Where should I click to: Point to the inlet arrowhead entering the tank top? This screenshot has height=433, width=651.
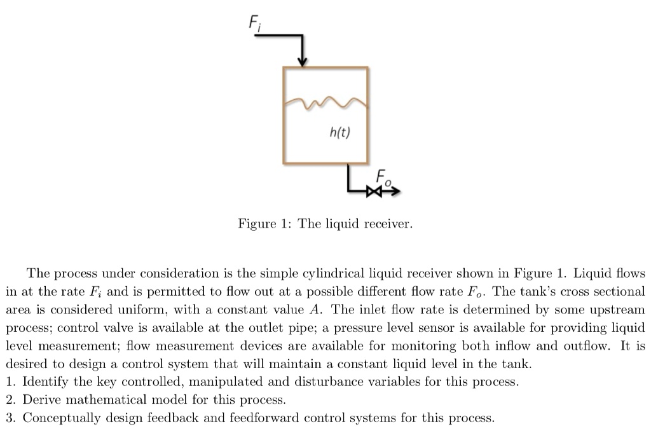303,61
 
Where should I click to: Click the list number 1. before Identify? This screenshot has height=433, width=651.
11,383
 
